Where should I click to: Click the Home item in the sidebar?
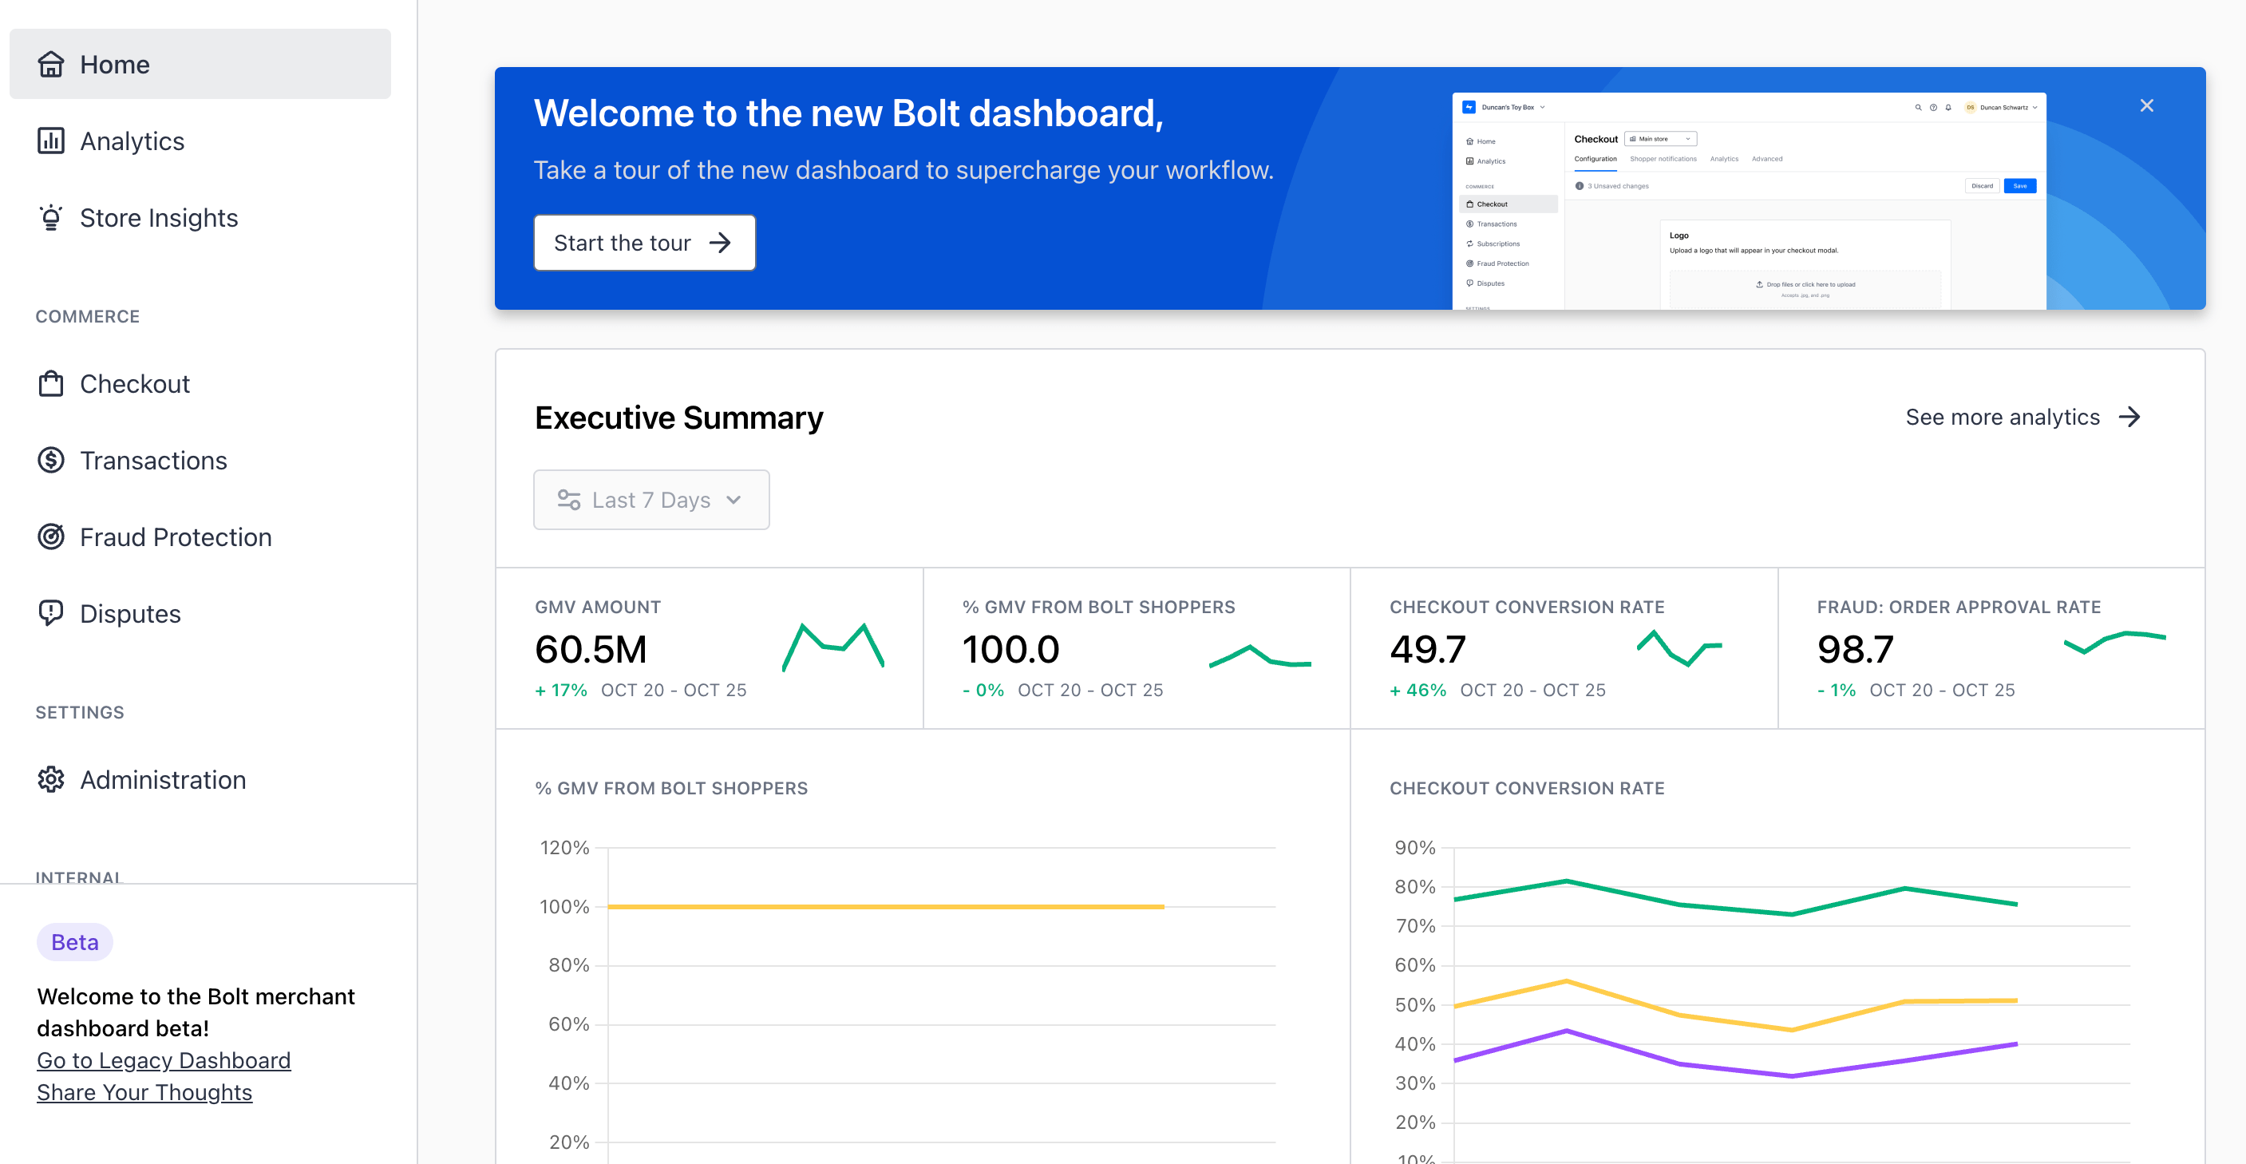pyautogui.click(x=113, y=65)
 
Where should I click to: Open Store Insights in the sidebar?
pyautogui.click(x=158, y=218)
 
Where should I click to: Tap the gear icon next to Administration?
pyautogui.click(x=50, y=779)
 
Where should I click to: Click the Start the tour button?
pyautogui.click(x=643, y=243)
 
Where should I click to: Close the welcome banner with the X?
pyautogui.click(x=2145, y=105)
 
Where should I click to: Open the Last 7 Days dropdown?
pyautogui.click(x=650, y=500)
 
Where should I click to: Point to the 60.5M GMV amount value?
pyautogui.click(x=591, y=650)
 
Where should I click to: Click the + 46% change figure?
pyautogui.click(x=1417, y=691)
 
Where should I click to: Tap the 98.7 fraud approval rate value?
pyautogui.click(x=1855, y=650)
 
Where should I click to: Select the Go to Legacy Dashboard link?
pyautogui.click(x=163, y=1060)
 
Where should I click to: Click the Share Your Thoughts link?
pyautogui.click(x=144, y=1092)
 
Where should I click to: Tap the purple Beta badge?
pyautogui.click(x=74, y=942)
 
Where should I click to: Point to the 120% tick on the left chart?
pyautogui.click(x=564, y=848)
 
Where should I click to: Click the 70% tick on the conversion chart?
pyautogui.click(x=1414, y=926)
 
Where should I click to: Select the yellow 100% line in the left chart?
pyautogui.click(x=885, y=907)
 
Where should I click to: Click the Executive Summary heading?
pyautogui.click(x=678, y=418)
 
